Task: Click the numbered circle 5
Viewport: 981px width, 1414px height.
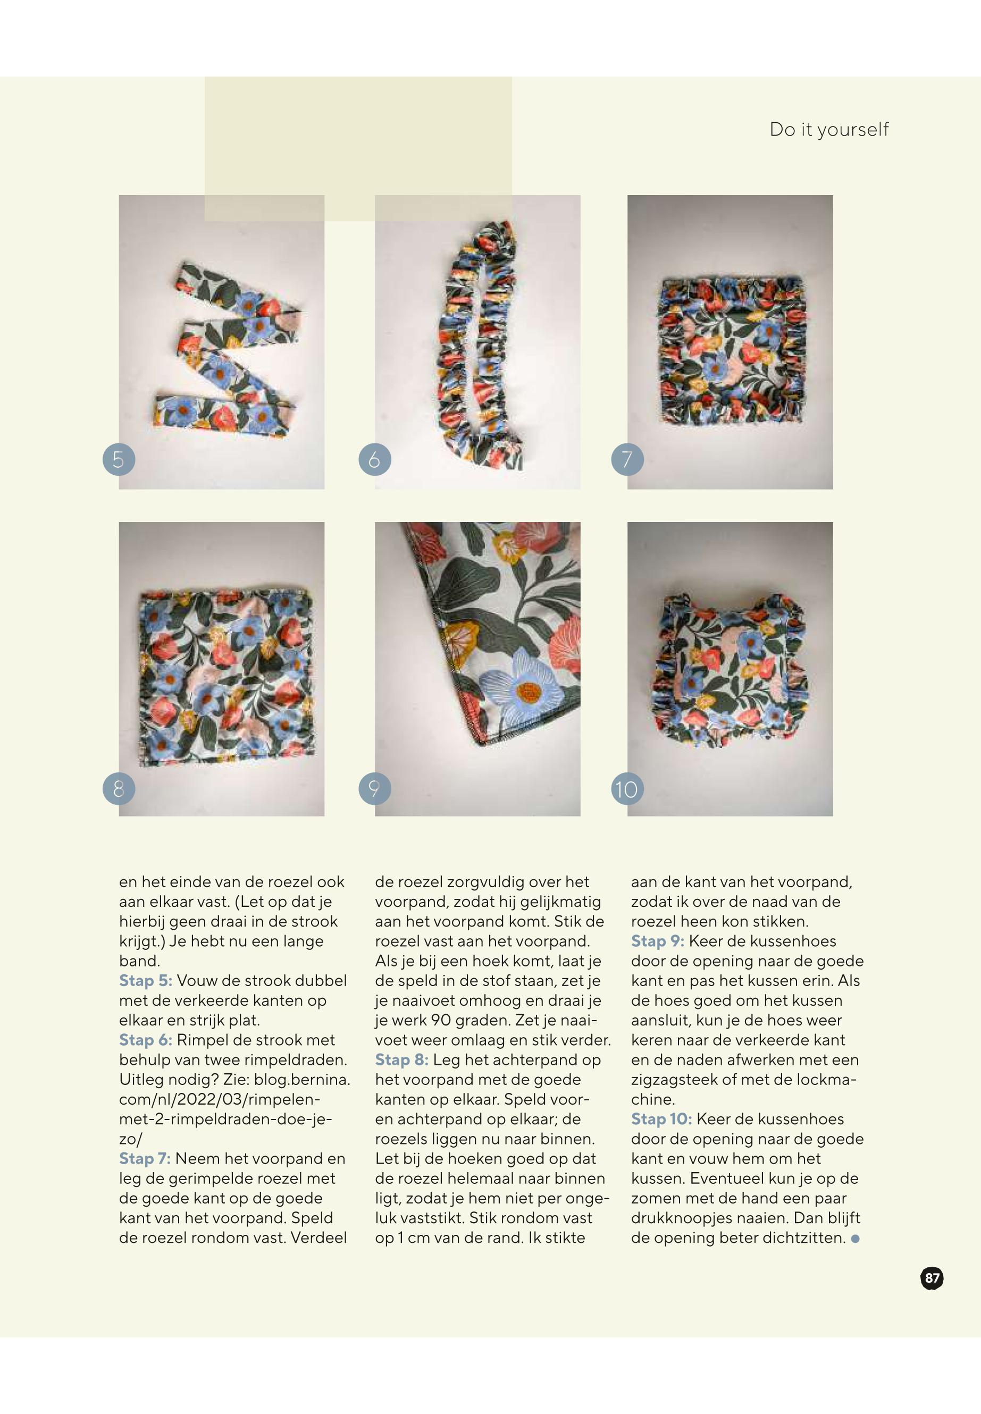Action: pyautogui.click(x=119, y=459)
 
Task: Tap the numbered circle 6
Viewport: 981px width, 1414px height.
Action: pyautogui.click(x=375, y=459)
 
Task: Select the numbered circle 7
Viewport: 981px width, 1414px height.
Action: pyautogui.click(x=627, y=459)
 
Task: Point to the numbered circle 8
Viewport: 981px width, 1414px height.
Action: pyautogui.click(x=119, y=788)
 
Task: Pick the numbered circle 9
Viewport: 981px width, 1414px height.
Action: pyautogui.click(x=375, y=788)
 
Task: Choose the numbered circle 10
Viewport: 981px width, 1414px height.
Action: pyautogui.click(x=627, y=788)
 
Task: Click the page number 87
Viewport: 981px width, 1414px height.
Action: pyautogui.click(x=932, y=1279)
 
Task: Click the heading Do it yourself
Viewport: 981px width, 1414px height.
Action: pyautogui.click(x=828, y=130)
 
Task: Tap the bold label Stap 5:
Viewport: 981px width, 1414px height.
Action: pyautogui.click(x=146, y=981)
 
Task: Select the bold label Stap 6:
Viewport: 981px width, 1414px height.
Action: pyautogui.click(x=146, y=1040)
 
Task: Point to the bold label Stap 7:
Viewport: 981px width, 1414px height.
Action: pyautogui.click(x=145, y=1158)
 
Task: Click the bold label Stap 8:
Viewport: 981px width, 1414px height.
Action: pyautogui.click(x=402, y=1059)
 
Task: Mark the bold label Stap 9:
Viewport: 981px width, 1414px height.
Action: pyautogui.click(x=658, y=941)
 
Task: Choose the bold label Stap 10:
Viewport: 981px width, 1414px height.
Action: pyautogui.click(x=661, y=1119)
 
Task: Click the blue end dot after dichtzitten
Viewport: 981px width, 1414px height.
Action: pyautogui.click(x=855, y=1239)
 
